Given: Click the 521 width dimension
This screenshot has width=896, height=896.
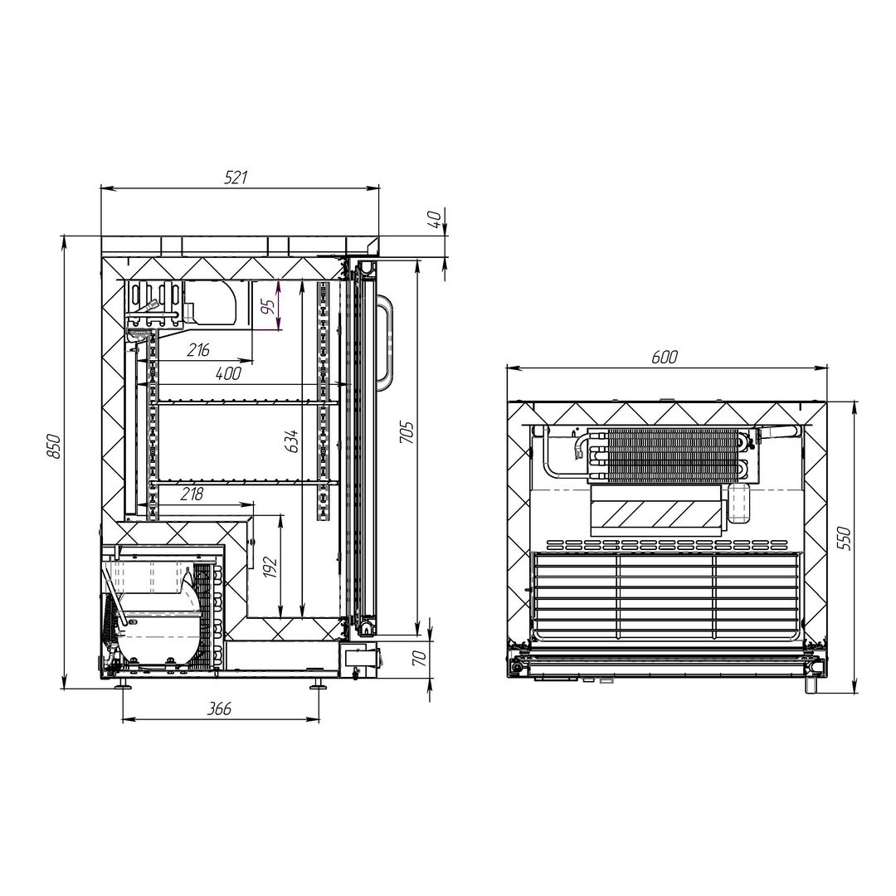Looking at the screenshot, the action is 235,178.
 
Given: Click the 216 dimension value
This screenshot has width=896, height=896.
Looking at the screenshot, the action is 198,349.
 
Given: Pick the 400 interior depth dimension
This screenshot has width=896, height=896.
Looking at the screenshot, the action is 228,373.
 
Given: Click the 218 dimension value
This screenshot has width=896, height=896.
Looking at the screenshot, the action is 192,494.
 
